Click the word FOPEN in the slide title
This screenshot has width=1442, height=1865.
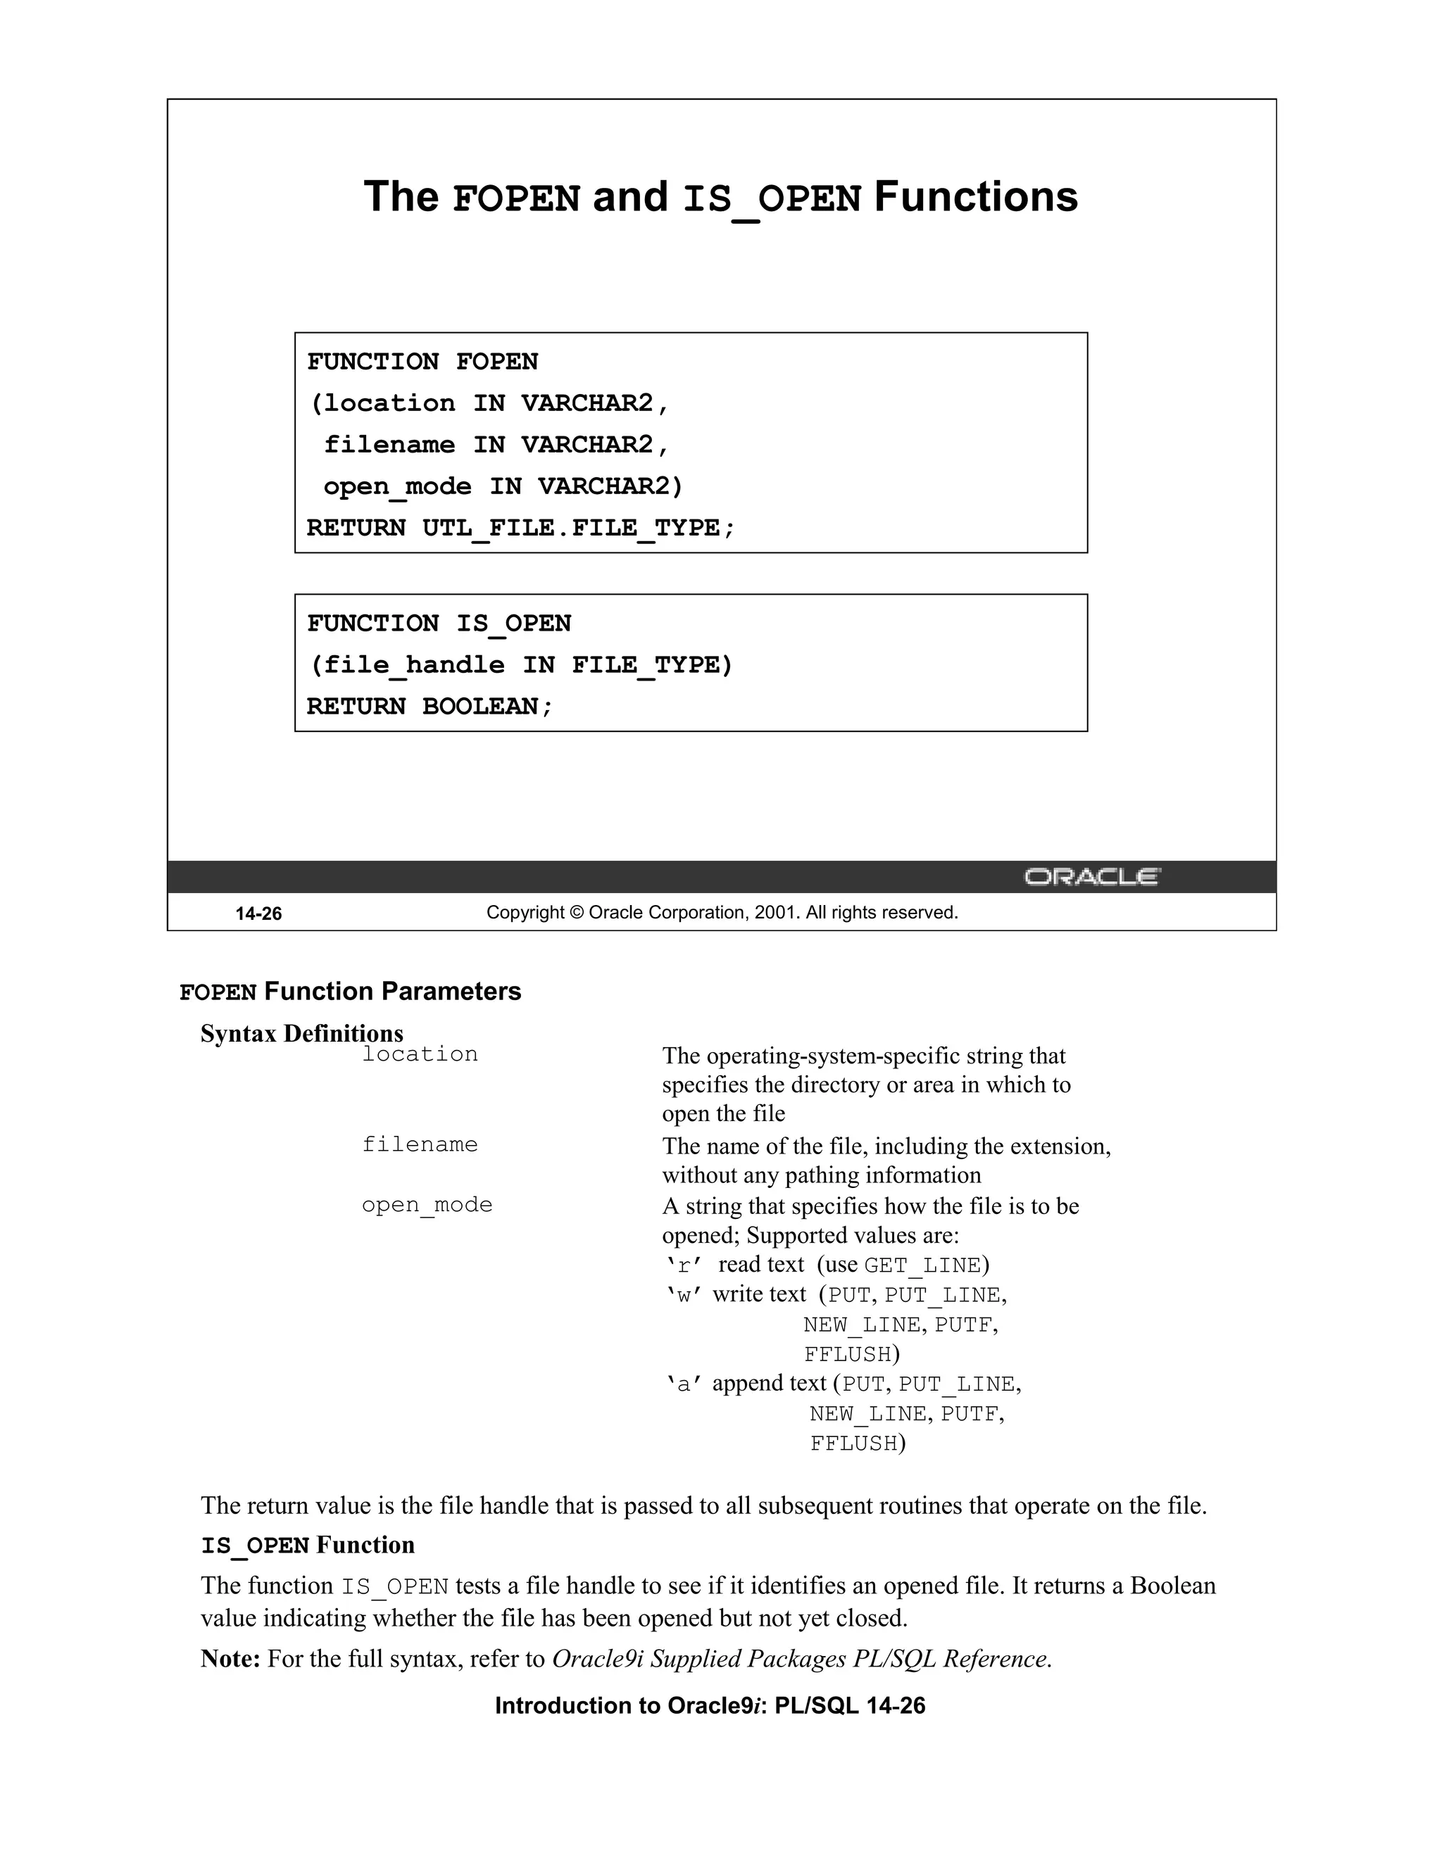[516, 198]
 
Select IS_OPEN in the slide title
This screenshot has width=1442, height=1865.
[772, 198]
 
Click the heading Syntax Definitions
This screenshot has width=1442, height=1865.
[301, 1033]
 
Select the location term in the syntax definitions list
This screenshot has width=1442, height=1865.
[420, 1055]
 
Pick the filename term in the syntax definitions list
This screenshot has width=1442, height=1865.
[420, 1144]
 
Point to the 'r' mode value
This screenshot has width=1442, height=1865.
[684, 1265]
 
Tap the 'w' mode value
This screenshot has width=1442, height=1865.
[684, 1294]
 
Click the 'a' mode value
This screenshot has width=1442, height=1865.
[684, 1384]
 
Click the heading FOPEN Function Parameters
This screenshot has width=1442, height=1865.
[350, 992]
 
